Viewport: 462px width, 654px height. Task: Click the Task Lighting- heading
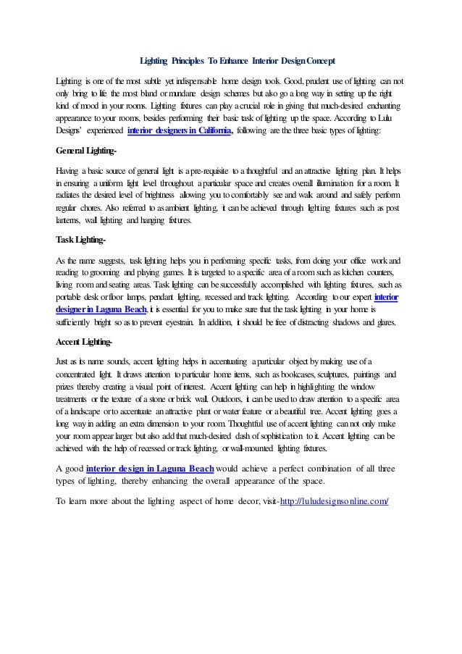click(x=80, y=240)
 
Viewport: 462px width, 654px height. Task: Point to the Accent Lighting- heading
click(x=83, y=342)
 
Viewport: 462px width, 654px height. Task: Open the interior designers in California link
click(x=180, y=131)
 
